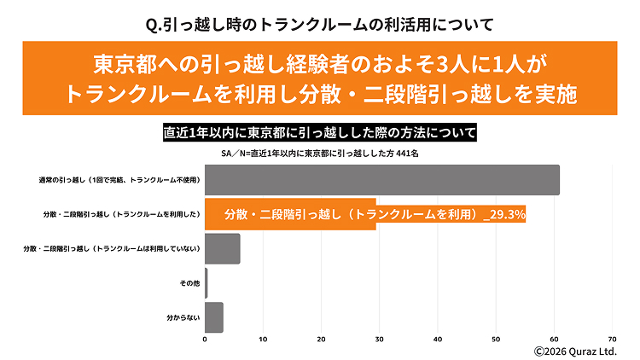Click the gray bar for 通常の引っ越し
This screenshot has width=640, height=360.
382,180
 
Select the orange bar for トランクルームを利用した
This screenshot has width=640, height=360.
290,215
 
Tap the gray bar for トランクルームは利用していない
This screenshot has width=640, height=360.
223,248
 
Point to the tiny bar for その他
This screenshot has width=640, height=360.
207,282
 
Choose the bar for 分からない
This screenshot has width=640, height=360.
214,316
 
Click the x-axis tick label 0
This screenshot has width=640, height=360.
206,339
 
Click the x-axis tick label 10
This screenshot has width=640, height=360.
264,339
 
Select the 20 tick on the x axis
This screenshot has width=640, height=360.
322,339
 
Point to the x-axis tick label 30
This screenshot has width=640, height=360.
380,339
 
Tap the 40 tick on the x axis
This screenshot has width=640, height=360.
438,339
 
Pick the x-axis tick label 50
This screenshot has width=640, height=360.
496,339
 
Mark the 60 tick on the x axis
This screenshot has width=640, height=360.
554,339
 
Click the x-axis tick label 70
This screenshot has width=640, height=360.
612,339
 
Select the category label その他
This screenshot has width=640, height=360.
189,282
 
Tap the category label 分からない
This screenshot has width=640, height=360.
183,316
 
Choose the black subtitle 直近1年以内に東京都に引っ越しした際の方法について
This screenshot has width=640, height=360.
320,134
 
